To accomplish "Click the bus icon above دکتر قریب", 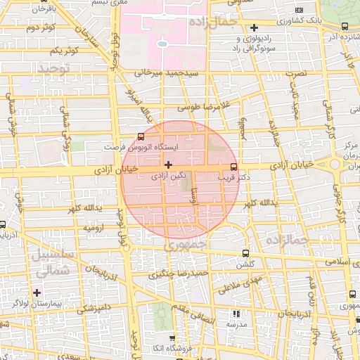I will (233, 167).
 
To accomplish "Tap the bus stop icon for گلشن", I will (245, 253).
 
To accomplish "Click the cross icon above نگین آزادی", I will (167, 164).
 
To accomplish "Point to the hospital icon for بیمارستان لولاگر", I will (37, 292).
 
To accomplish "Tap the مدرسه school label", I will (236, 326).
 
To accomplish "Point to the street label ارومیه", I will (95, 228).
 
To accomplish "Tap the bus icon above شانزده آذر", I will (344, 25).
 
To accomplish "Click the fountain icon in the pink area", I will (162, 43).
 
